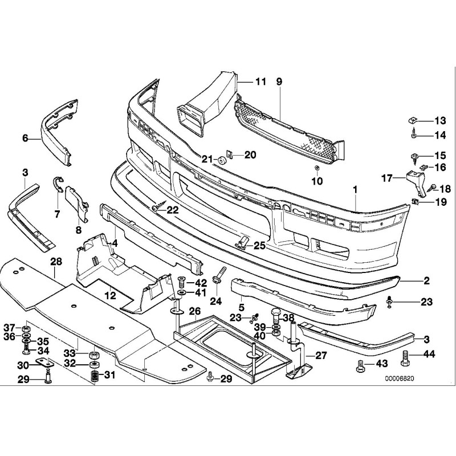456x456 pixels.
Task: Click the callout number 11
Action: [x=260, y=82]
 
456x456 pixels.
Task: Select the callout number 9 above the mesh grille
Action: [x=279, y=82]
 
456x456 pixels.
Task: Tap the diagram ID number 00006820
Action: [x=400, y=378]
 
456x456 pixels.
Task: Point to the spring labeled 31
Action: [x=95, y=376]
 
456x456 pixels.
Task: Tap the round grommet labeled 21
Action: [x=222, y=159]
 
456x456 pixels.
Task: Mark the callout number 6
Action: [x=25, y=137]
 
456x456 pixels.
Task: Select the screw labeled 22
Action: [x=154, y=209]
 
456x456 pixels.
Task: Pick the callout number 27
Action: [x=321, y=355]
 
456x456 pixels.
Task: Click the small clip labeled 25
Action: [x=242, y=243]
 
